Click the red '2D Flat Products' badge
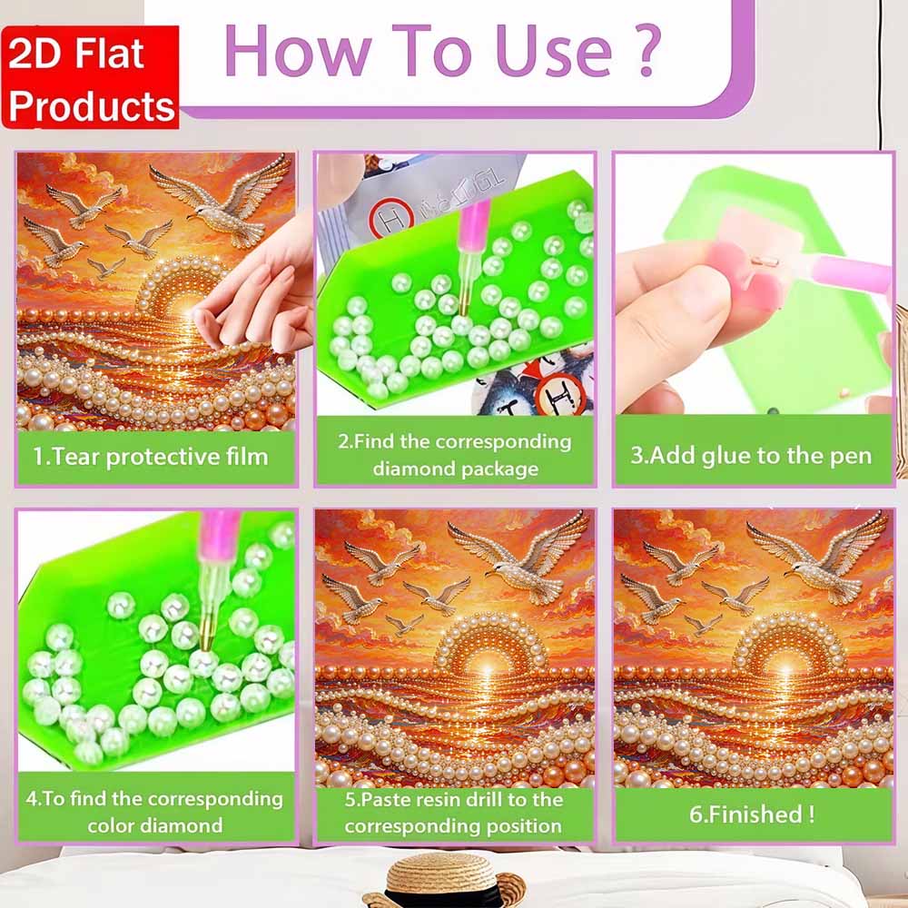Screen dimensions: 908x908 click(x=90, y=77)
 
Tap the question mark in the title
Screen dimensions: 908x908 click(x=649, y=51)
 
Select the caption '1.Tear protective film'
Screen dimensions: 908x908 click(x=151, y=457)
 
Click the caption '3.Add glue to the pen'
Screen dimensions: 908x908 click(x=751, y=456)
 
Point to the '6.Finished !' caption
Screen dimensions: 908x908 click(x=752, y=814)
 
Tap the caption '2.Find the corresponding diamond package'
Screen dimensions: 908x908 click(x=455, y=455)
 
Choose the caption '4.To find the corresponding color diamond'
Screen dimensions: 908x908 click(x=154, y=812)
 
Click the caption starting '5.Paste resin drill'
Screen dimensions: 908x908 click(x=453, y=813)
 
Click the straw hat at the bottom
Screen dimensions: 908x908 click(x=445, y=880)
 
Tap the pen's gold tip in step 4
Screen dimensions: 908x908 click(x=206, y=637)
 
